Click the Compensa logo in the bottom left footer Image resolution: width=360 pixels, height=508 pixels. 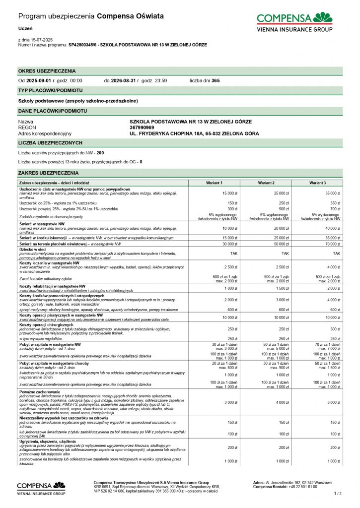click(41, 488)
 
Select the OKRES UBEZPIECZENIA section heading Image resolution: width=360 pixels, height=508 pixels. click(47, 71)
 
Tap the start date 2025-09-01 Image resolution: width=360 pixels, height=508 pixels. click(38, 80)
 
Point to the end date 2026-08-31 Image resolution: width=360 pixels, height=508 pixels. click(123, 80)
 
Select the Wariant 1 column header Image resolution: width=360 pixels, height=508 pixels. click(214, 183)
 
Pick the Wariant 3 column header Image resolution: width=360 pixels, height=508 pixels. click(317, 183)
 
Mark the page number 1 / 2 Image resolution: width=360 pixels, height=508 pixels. click(338, 493)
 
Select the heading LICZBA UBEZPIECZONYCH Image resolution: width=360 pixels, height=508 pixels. click(50, 143)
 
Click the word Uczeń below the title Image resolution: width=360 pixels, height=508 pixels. click(25, 29)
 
